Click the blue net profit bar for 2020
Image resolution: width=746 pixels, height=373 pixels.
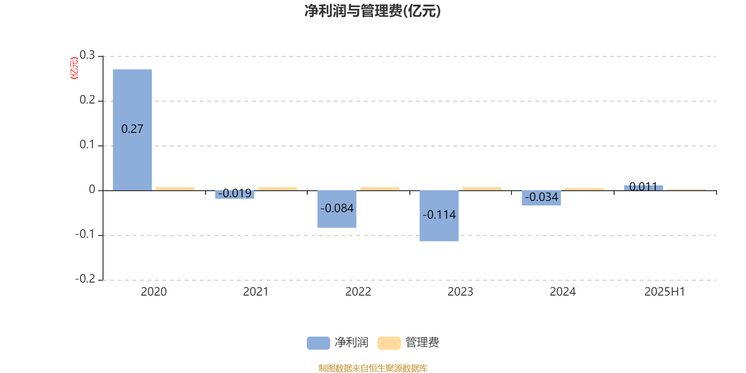[132, 130]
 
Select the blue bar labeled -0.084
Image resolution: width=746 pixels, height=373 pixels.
[337, 209]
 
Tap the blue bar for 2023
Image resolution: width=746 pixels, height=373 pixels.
[439, 216]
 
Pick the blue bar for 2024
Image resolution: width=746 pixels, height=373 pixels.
[541, 198]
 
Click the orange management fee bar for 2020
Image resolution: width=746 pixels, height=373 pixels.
[175, 189]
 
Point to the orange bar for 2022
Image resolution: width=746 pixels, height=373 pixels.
[380, 189]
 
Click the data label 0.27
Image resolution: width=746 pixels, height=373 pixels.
[132, 129]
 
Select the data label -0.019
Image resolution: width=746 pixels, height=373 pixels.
[235, 193]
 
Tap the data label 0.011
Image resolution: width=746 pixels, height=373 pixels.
[643, 186]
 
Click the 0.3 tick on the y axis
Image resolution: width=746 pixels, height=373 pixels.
[87, 55]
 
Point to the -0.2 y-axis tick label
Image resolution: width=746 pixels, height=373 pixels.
[85, 278]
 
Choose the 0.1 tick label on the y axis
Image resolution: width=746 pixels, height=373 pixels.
[87, 144]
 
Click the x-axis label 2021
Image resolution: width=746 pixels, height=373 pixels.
[256, 292]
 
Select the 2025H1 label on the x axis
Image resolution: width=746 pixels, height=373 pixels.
[665, 292]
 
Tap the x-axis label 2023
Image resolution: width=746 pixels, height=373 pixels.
[460, 292]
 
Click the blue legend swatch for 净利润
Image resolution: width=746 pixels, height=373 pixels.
[318, 343]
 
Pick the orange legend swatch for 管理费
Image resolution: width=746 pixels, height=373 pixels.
[389, 343]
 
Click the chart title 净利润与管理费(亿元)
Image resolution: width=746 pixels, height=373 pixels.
[373, 11]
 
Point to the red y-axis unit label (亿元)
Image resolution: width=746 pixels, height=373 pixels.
[74, 68]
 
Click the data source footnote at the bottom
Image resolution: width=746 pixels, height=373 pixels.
[373, 368]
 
